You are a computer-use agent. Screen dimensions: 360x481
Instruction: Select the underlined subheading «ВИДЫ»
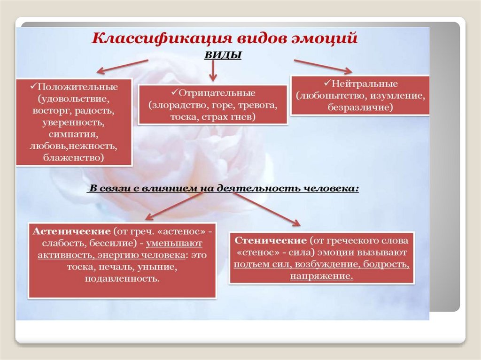223,56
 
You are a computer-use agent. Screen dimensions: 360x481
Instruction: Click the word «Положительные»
78,87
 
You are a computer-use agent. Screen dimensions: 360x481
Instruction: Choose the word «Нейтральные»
365,84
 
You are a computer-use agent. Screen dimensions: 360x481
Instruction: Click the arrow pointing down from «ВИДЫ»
213,71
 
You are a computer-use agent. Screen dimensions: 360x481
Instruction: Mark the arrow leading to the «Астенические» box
174,206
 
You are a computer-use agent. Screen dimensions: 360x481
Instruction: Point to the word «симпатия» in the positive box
73,135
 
